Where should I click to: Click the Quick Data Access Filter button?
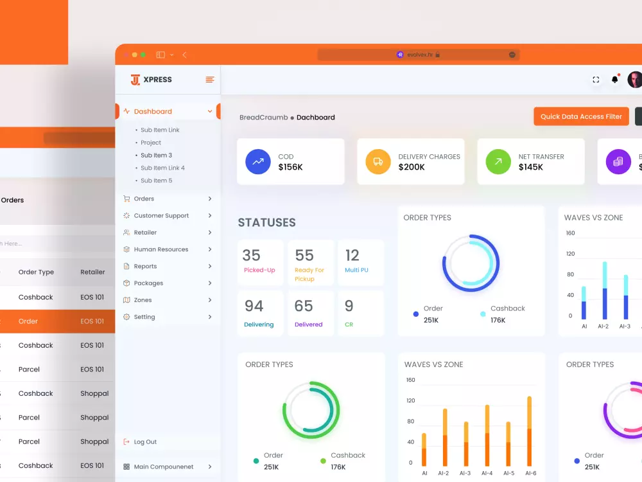click(x=581, y=116)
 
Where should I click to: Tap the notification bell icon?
click(x=615, y=80)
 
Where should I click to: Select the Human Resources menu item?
click(x=160, y=249)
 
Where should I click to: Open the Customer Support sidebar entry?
click(x=161, y=216)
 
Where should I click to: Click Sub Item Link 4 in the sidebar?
click(x=162, y=168)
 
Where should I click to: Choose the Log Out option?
click(x=145, y=442)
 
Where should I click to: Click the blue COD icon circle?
click(x=258, y=161)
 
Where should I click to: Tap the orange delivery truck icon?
click(x=378, y=161)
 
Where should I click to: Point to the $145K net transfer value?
click(x=531, y=167)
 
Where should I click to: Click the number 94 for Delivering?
click(x=254, y=306)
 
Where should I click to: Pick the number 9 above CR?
click(x=349, y=306)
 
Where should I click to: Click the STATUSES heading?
click(x=266, y=223)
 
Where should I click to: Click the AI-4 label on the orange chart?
click(x=487, y=474)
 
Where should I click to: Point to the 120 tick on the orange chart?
click(x=410, y=400)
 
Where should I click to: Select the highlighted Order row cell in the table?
click(x=28, y=321)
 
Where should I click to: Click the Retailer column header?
click(x=92, y=272)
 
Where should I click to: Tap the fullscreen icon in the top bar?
click(x=596, y=80)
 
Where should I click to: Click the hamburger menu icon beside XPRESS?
click(x=209, y=80)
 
